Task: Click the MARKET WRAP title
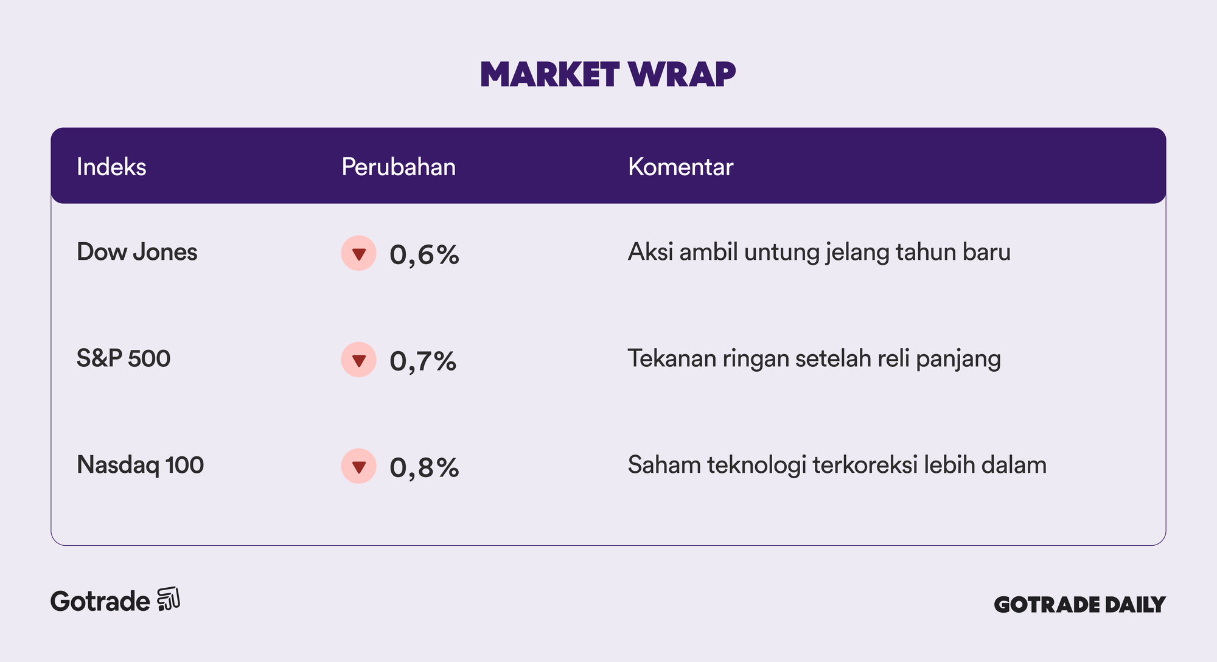coord(608,74)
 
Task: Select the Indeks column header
coord(111,167)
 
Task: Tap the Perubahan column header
coord(399,167)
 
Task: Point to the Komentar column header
coord(681,167)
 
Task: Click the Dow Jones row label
coord(137,252)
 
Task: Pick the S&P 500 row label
coord(124,358)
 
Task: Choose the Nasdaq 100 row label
coord(141,465)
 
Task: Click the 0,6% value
coord(424,255)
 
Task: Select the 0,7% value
coord(423,361)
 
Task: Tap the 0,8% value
coord(424,468)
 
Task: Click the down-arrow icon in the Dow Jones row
coord(359,253)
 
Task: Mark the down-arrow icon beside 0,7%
coord(359,360)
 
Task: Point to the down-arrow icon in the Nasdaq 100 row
coord(359,466)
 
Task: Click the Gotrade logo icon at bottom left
coord(169,599)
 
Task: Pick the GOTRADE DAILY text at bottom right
coord(1079,604)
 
